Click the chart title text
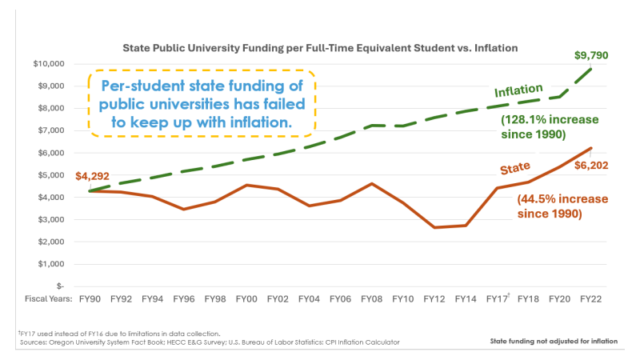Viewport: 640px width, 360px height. (x=319, y=48)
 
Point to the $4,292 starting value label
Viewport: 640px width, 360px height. (x=92, y=177)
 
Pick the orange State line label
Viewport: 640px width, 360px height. (x=516, y=169)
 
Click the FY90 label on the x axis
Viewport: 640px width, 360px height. (x=90, y=298)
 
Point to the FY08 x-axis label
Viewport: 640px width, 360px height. (x=371, y=298)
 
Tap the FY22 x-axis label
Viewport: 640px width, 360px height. (x=590, y=298)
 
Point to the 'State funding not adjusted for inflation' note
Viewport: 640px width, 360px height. (x=554, y=342)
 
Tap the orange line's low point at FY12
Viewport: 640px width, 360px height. (x=434, y=227)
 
